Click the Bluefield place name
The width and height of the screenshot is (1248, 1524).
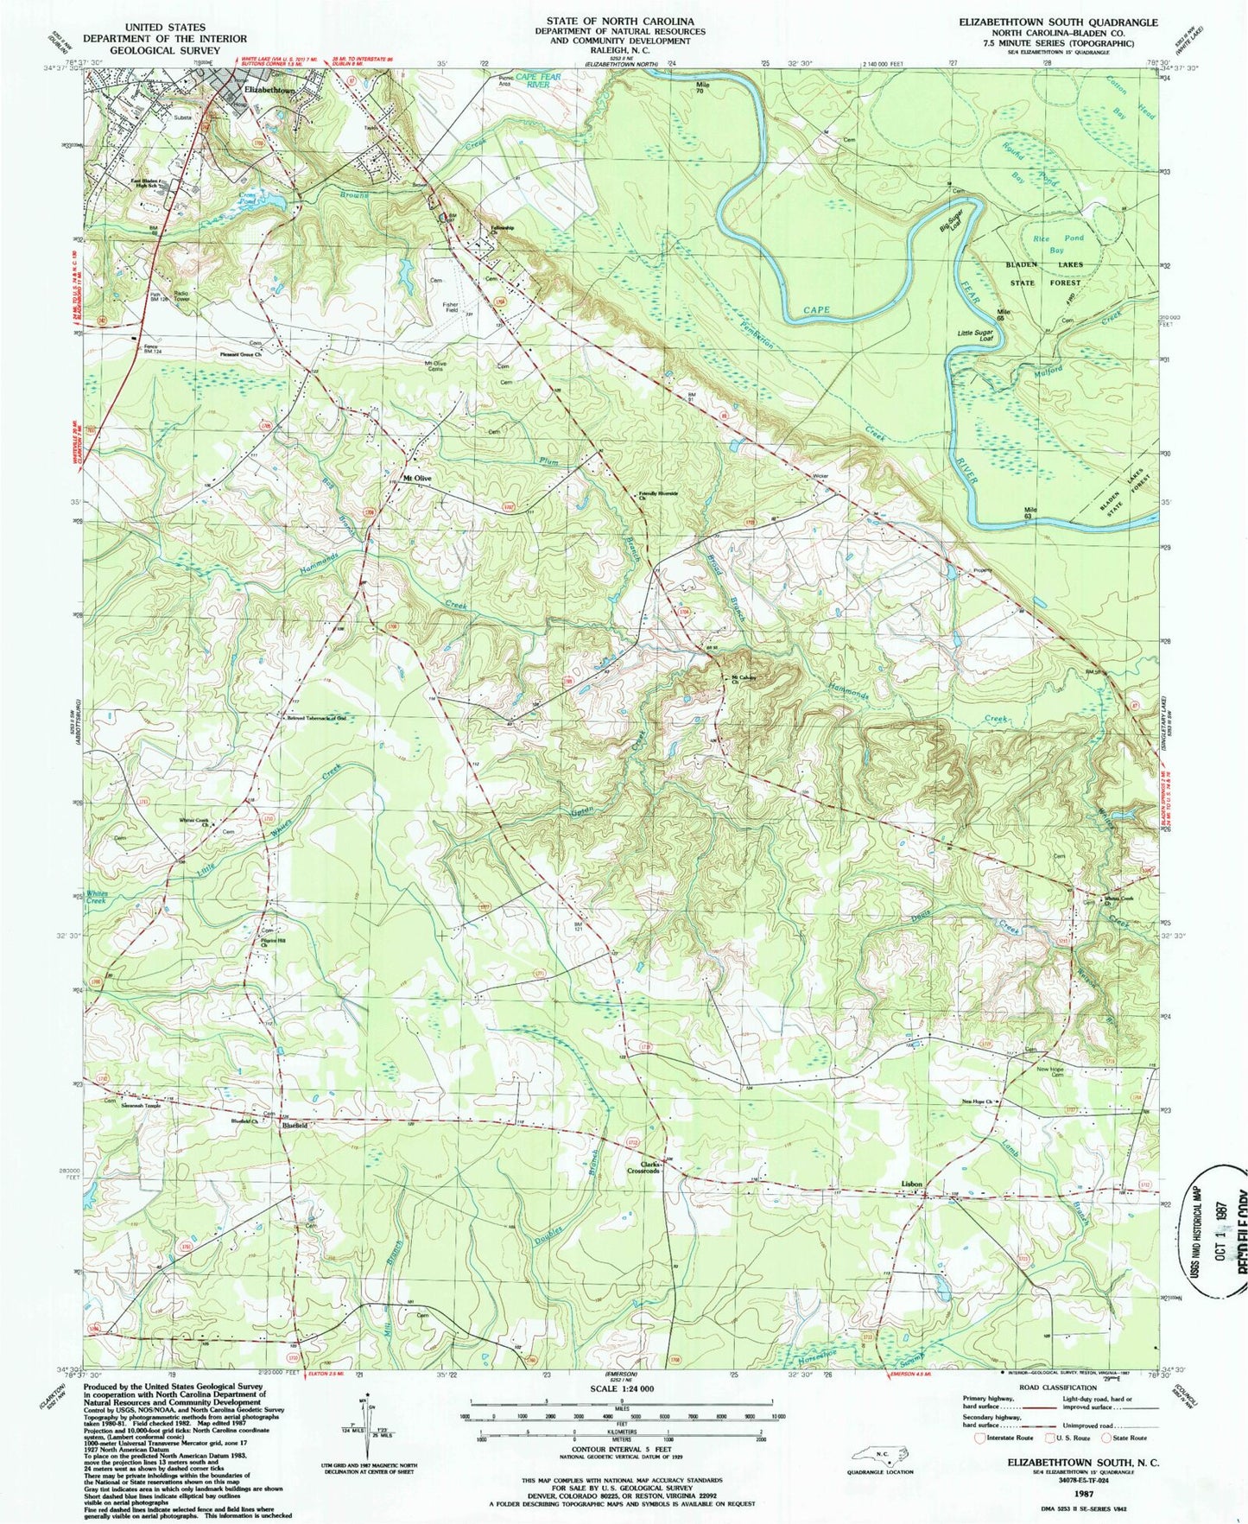[x=291, y=1127]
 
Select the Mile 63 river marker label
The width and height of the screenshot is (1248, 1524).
[x=1029, y=511]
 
